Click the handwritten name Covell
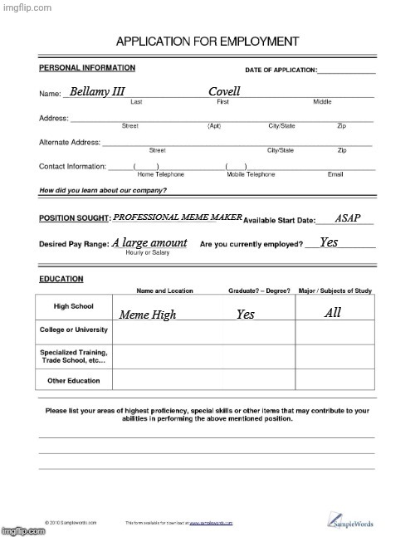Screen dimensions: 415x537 (224, 90)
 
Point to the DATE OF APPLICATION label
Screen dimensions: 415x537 (281, 71)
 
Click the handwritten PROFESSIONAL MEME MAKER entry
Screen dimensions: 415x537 (177, 217)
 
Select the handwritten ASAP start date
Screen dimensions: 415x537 (348, 218)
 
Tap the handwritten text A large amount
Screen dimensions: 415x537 (149, 242)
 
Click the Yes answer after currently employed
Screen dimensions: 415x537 (329, 242)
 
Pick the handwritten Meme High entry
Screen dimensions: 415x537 (148, 315)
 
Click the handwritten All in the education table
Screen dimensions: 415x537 (333, 313)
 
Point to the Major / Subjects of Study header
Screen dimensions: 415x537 (335, 290)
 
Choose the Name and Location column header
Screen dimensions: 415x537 (164, 290)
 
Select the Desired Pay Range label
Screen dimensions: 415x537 (73, 244)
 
